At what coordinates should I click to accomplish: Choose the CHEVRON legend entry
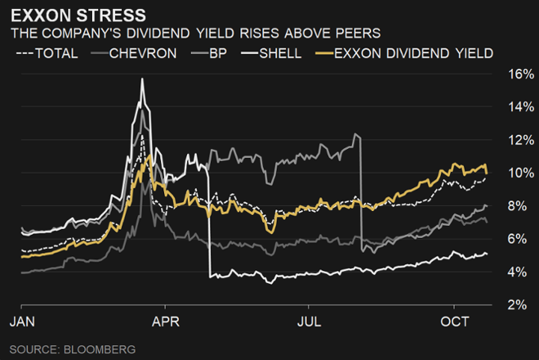click(x=135, y=53)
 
